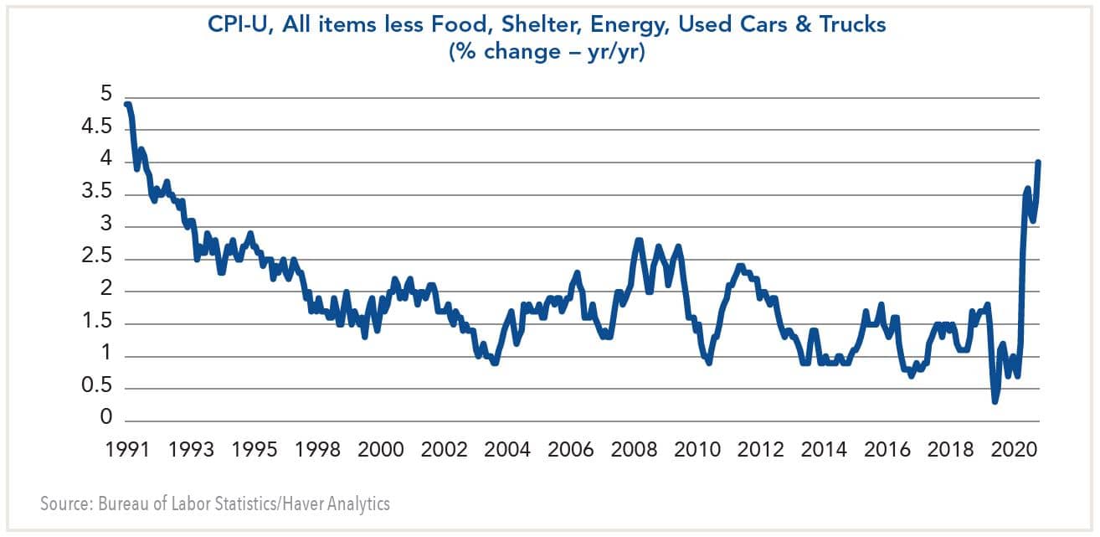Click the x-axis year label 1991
[127, 450]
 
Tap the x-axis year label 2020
[1012, 450]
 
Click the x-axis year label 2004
[506, 450]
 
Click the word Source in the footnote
[66, 505]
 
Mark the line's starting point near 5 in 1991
[126, 104]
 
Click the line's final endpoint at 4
[1039, 162]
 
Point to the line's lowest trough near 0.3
[995, 401]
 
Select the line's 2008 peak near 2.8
[638, 240]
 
